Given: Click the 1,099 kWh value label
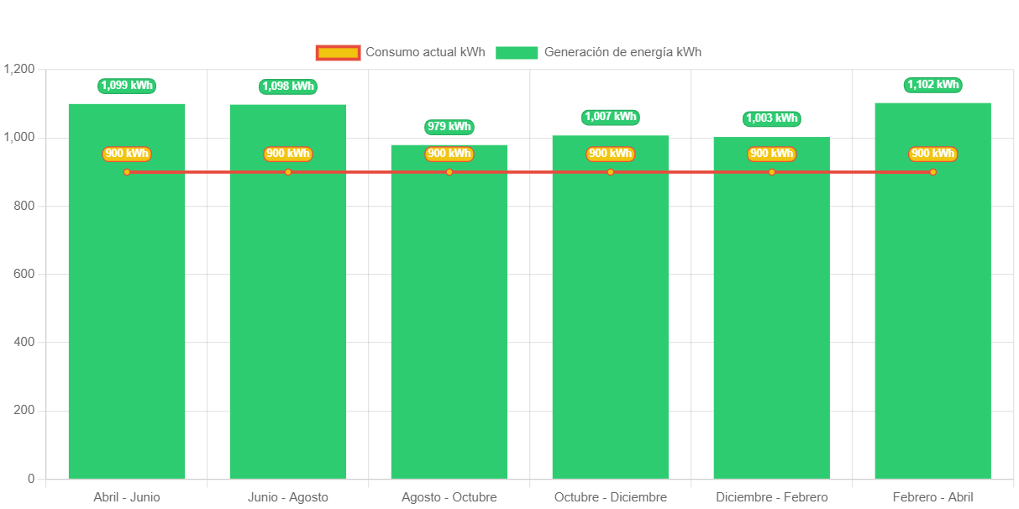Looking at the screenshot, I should point(127,86).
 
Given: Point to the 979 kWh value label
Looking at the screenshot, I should point(449,127).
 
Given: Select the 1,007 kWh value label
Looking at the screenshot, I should point(611,117).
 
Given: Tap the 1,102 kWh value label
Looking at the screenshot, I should point(932,85).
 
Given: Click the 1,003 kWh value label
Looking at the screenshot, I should point(772,118).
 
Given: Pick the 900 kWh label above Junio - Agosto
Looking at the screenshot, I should point(288,154).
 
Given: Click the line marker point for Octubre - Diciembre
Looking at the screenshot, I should point(611,172).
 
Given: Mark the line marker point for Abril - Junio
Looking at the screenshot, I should point(127,172).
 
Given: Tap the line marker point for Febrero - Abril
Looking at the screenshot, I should point(932,172).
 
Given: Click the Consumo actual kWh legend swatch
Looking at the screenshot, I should point(338,53).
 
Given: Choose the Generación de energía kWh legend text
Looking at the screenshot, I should point(622,52).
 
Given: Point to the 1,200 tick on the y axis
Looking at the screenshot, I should point(19,69).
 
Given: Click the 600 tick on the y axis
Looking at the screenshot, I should point(25,274).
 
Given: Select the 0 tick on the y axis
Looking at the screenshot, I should point(31,479).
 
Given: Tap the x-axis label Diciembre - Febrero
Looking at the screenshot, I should point(772,497).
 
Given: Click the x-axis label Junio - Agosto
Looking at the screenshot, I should point(288,497).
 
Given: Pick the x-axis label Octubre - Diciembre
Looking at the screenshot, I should point(611,497).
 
